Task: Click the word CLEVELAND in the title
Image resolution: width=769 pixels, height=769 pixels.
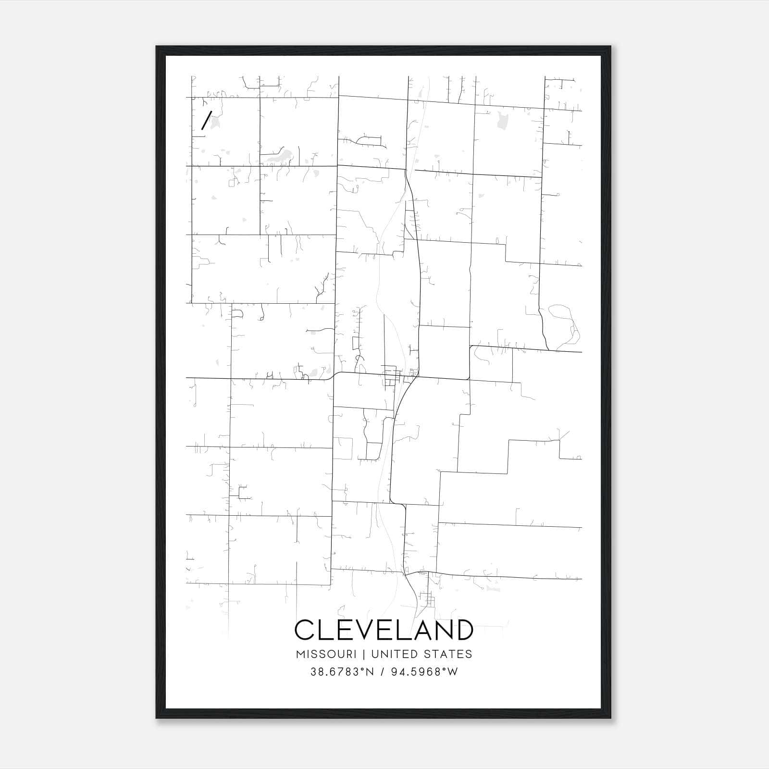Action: pyautogui.click(x=384, y=630)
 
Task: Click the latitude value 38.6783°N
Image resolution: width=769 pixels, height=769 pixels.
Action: pyautogui.click(x=342, y=672)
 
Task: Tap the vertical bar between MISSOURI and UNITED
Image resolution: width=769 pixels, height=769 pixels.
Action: pyautogui.click(x=363, y=654)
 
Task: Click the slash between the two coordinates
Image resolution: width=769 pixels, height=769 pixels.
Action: pyautogui.click(x=384, y=672)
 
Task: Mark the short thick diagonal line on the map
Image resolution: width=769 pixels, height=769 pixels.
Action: pyautogui.click(x=206, y=120)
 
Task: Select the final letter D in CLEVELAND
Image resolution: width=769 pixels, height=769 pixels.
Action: pyautogui.click(x=463, y=630)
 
